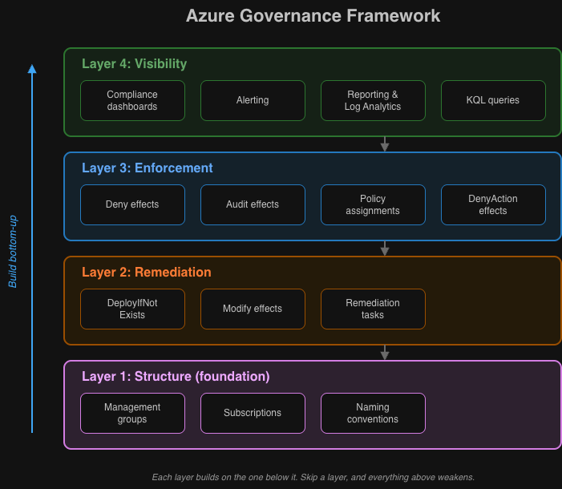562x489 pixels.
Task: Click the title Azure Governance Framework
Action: tap(313, 16)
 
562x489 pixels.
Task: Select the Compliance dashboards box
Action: tap(132, 100)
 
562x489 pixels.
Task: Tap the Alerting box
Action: tap(253, 100)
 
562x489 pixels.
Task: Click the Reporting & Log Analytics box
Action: tap(373, 100)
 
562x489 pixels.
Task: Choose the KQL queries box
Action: tap(493, 100)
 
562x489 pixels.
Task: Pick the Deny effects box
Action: tap(132, 204)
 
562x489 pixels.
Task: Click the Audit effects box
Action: tap(253, 204)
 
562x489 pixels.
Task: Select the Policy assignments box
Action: tap(373, 204)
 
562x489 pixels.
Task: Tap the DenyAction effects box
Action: tap(493, 204)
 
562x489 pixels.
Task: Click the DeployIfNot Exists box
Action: tap(132, 309)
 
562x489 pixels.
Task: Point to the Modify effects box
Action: tap(253, 309)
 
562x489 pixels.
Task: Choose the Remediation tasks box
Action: tap(373, 309)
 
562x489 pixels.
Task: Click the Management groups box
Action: tap(132, 413)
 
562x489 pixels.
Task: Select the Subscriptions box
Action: tap(253, 413)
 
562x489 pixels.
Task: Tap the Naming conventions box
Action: tap(373, 413)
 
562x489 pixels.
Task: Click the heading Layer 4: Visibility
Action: tap(134, 64)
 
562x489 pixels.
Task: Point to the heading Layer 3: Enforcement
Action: tap(148, 168)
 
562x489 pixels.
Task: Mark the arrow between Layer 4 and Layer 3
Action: tap(385, 144)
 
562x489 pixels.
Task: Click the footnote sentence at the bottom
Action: tap(313, 477)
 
